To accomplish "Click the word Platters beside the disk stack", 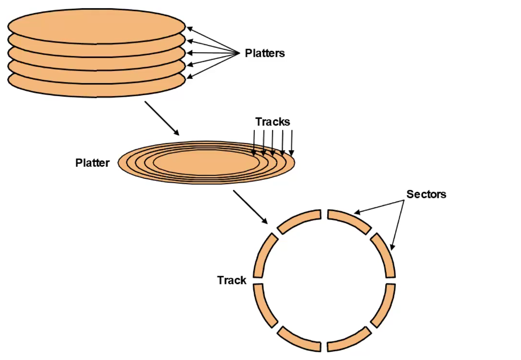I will coord(264,53).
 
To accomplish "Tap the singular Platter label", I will coord(92,163).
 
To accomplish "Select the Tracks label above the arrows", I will coord(273,122).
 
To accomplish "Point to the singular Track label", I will coord(232,280).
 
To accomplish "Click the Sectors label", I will coord(426,194).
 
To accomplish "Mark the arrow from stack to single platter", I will coord(162,118).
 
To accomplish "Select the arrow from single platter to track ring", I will coord(250,207).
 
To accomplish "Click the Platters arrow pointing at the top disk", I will coord(213,39).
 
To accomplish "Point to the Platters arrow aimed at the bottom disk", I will coord(213,65).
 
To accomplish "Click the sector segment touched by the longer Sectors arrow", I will coord(349,219).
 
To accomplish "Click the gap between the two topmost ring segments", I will coord(324,215).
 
